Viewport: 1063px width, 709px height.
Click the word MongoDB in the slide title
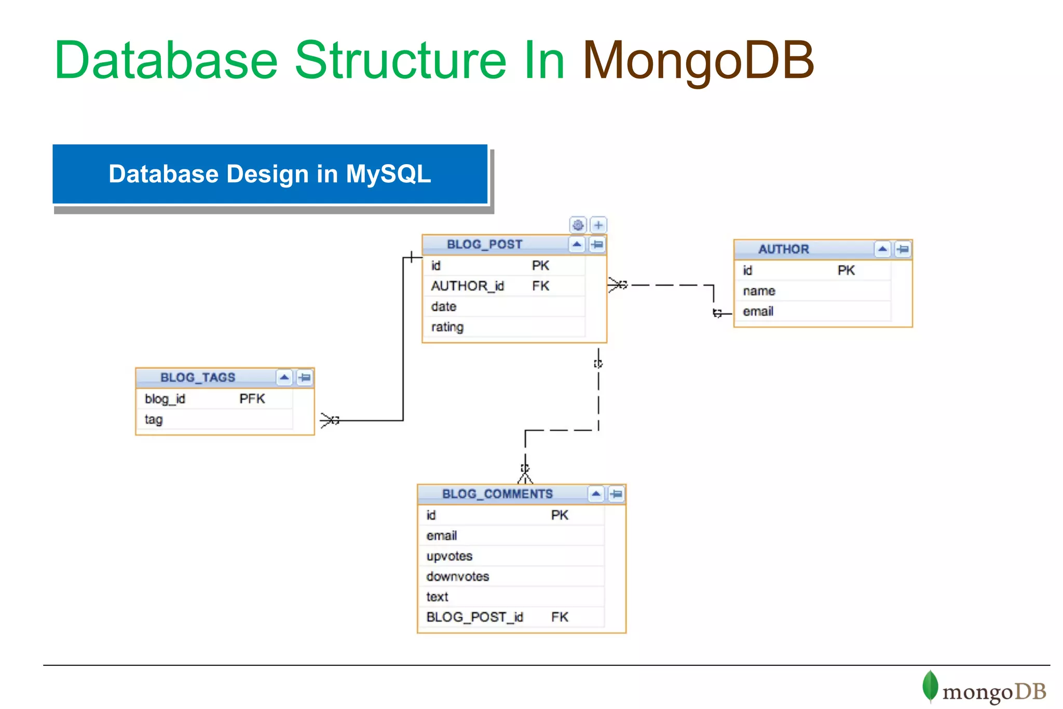698,61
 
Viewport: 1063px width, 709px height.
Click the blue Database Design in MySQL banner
269,174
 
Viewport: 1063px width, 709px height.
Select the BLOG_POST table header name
484,244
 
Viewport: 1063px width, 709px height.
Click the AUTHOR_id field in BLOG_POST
467,286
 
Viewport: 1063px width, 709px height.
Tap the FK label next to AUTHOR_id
540,286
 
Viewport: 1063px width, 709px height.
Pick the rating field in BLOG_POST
447,327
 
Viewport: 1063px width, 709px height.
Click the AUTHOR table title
783,249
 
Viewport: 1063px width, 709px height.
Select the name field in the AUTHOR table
758,291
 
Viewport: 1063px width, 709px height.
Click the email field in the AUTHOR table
758,312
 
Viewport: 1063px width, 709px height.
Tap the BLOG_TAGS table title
198,378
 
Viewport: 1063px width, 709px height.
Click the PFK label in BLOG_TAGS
252,399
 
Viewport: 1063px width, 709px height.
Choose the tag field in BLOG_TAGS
154,420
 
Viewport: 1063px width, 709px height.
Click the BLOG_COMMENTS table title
497,494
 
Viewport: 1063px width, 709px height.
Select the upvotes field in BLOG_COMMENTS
449,556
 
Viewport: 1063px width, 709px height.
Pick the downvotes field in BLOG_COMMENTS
457,577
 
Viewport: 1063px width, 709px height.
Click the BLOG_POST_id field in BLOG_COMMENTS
474,617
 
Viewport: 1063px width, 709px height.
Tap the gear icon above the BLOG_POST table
578,225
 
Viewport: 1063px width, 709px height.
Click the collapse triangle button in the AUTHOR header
882,249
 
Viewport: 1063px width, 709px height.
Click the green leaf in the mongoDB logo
930,686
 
